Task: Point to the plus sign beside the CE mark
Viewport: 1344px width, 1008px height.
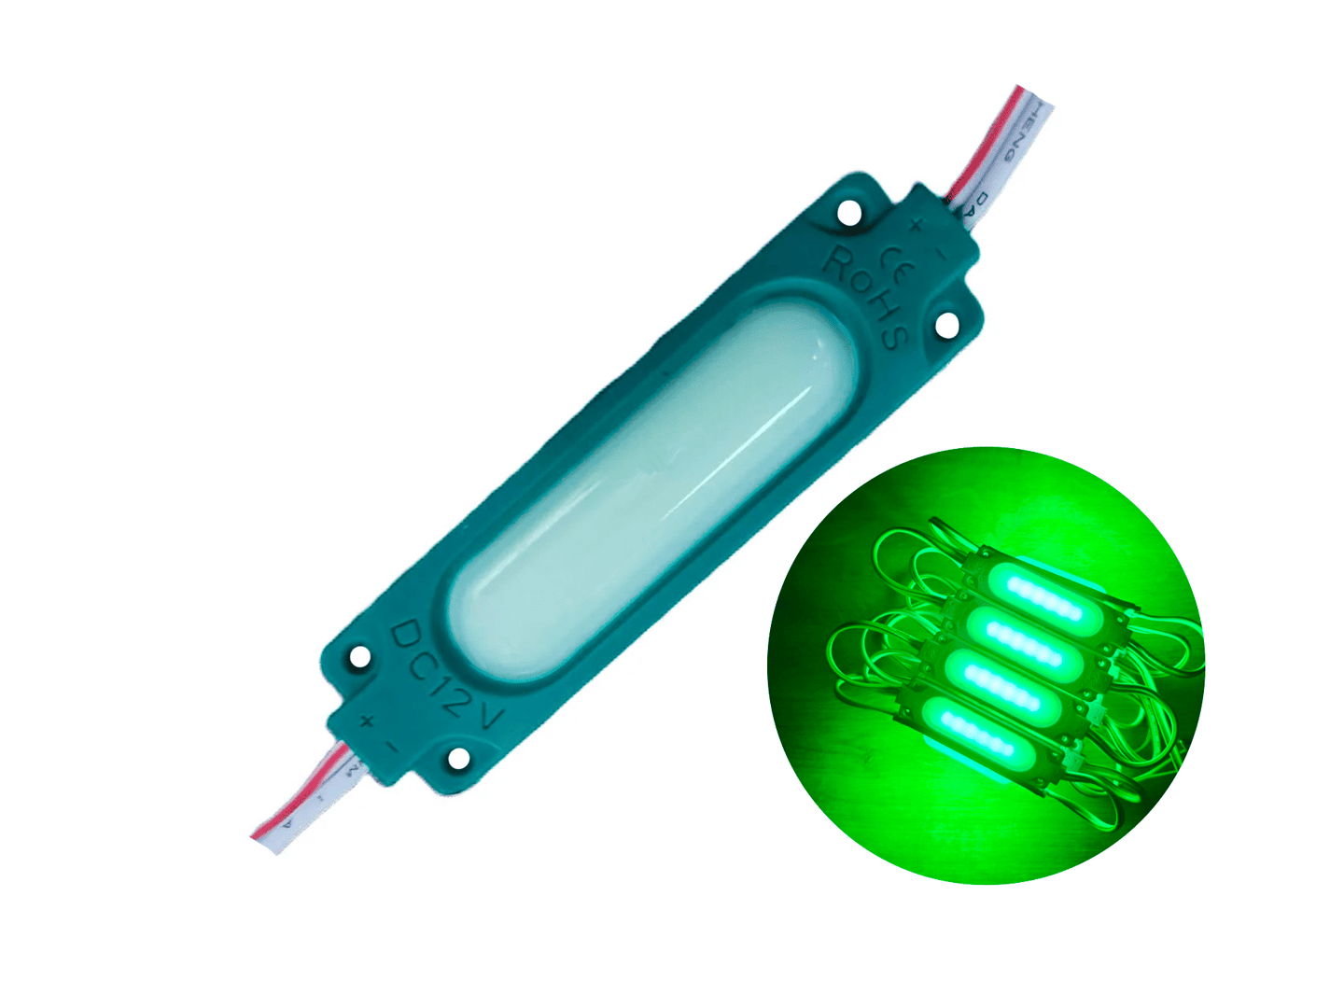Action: coord(916,224)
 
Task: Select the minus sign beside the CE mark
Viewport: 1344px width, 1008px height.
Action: coord(940,251)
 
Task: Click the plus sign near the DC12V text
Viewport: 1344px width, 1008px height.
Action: coord(367,720)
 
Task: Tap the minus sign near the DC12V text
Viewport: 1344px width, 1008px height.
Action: coord(392,746)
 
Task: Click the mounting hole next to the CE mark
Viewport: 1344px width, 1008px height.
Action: coord(848,213)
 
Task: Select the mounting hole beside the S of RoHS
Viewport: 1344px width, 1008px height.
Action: coord(945,327)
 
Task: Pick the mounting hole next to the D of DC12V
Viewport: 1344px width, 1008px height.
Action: coord(360,658)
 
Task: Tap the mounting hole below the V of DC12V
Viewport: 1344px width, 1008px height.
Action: coord(458,760)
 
